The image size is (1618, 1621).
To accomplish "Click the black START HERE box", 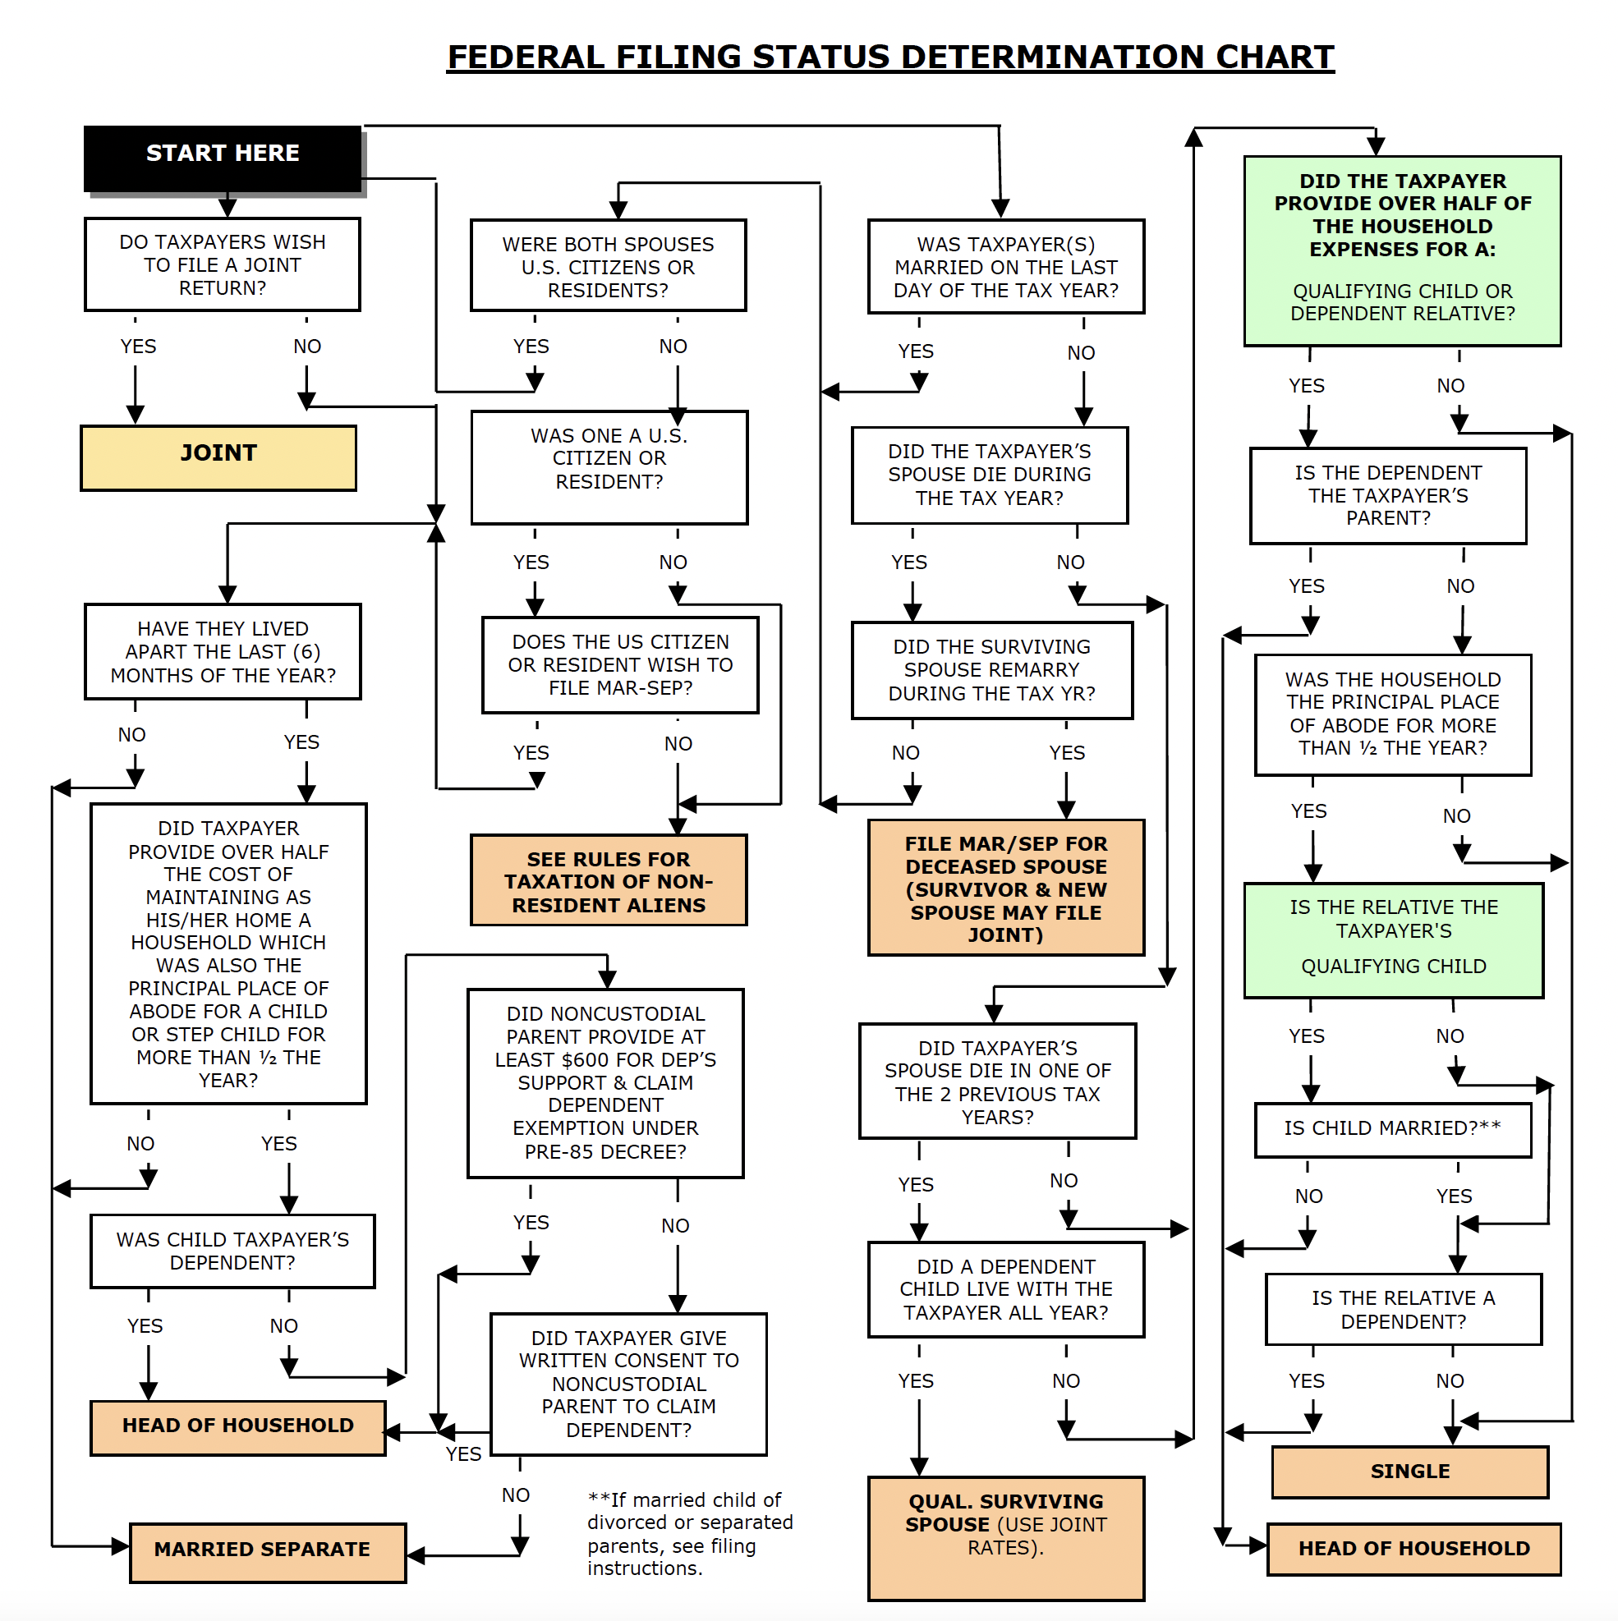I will click(223, 157).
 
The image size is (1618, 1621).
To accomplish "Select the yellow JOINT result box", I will click(218, 457).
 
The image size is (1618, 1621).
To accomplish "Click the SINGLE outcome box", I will click(1409, 1471).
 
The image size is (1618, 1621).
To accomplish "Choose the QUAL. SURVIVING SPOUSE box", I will click(1005, 1537).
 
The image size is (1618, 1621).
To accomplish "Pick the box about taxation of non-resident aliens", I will click(609, 880).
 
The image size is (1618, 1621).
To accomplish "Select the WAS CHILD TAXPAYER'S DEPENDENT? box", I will click(232, 1250).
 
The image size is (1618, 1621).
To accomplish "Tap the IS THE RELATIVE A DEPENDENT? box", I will click(1403, 1309).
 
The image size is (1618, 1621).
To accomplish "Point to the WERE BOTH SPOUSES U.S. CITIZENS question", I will click(608, 266).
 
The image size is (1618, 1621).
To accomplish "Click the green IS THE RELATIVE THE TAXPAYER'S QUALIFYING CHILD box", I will click(1393, 939).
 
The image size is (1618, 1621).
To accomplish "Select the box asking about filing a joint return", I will click(223, 264).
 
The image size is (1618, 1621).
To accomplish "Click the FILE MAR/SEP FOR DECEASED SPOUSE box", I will click(1005, 888).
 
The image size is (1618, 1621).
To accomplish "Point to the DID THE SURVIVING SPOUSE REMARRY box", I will click(992, 669).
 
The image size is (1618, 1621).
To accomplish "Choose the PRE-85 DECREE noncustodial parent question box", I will click(605, 1082).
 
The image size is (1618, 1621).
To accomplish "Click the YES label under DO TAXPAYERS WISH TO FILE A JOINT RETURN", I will click(138, 347).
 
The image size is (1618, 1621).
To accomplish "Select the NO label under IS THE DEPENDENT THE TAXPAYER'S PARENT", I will click(1460, 585).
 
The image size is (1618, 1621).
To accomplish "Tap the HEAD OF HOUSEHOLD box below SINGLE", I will click(1413, 1548).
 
